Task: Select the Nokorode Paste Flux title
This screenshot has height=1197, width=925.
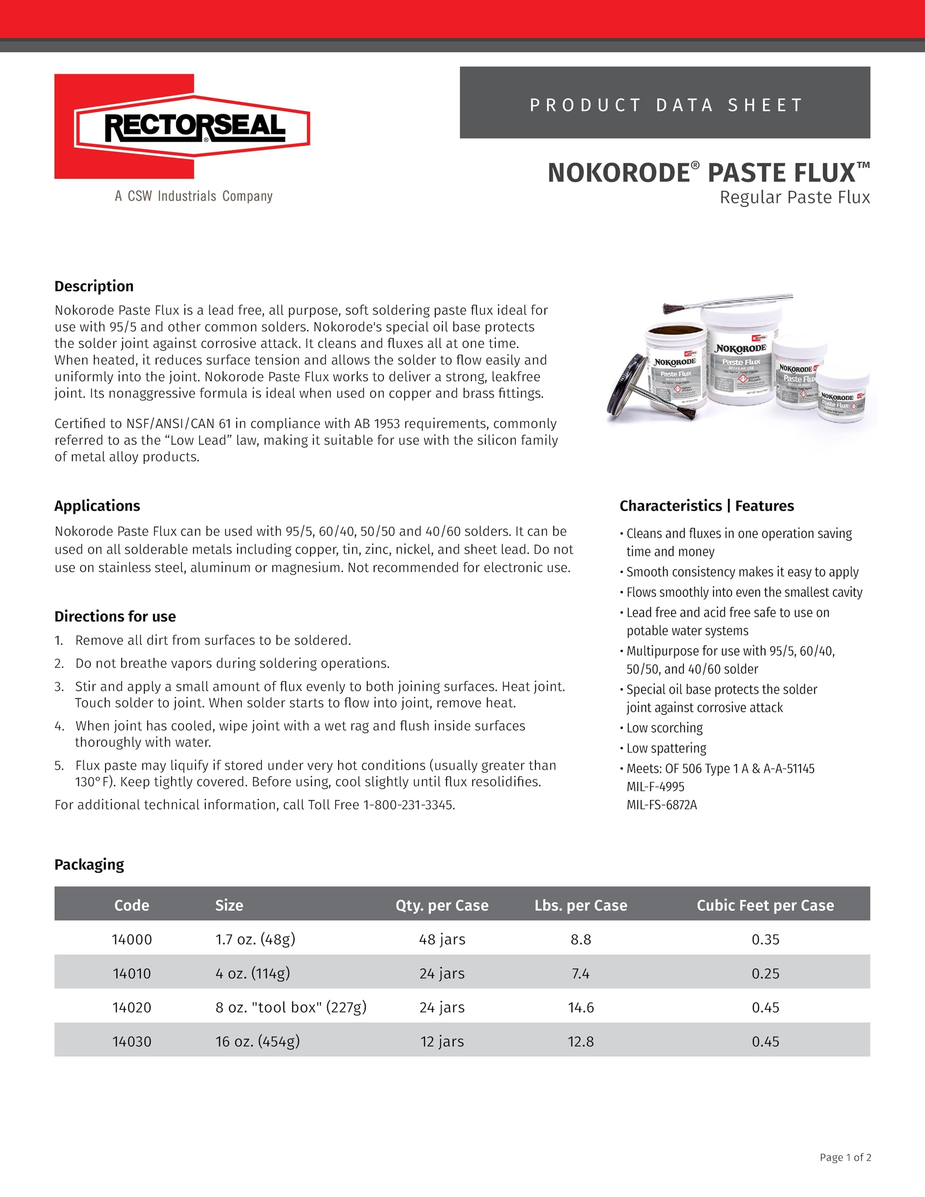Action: tap(708, 173)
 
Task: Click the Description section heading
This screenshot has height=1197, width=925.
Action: tap(94, 286)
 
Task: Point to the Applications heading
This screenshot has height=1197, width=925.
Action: tap(97, 506)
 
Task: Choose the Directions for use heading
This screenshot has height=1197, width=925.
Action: tap(115, 617)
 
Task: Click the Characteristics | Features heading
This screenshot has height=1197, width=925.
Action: tap(706, 506)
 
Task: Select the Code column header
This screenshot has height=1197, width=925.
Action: tap(131, 905)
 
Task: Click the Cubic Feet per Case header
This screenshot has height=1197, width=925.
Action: tap(765, 905)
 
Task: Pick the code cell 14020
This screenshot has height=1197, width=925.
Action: tap(131, 1007)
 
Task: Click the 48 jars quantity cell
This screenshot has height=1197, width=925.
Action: tap(442, 939)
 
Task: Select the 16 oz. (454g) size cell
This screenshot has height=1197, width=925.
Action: tap(257, 1041)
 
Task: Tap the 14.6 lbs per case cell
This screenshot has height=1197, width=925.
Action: tap(581, 1007)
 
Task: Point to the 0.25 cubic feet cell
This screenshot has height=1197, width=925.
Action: tap(765, 973)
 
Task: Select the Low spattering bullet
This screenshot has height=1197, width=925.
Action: tap(666, 748)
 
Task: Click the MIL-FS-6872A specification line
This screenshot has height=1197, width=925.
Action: tap(662, 805)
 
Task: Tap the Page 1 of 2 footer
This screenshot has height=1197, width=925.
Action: tap(845, 1157)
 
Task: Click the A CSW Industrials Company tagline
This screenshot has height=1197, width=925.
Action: tap(194, 196)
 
